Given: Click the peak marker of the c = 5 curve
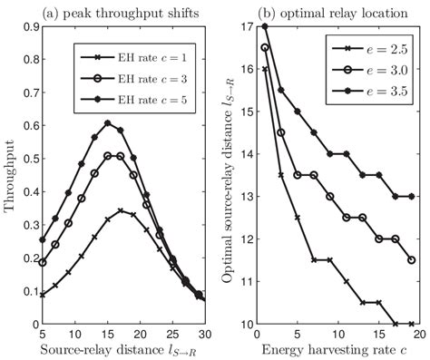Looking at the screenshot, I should (107, 122).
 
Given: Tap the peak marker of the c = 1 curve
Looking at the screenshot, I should (121, 211).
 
